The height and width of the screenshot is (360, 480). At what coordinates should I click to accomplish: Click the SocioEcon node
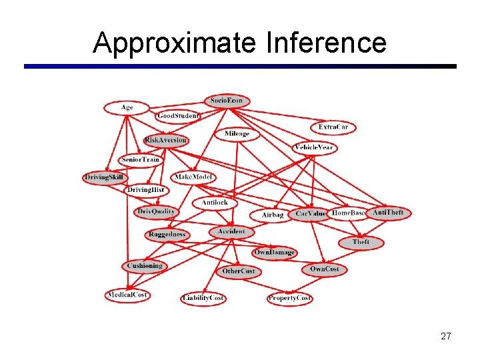(x=227, y=101)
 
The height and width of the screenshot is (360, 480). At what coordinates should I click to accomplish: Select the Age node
(x=127, y=107)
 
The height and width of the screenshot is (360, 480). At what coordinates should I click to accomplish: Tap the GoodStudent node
(x=178, y=116)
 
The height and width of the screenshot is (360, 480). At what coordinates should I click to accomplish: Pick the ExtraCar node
(x=333, y=127)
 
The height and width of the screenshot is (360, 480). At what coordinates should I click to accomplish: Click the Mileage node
(x=237, y=134)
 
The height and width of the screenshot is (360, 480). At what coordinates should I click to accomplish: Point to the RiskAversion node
(x=166, y=141)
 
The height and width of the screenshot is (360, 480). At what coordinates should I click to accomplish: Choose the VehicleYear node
(x=314, y=147)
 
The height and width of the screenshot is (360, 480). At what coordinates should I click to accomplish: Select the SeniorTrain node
(x=140, y=160)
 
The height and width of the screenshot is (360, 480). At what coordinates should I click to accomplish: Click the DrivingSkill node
(x=105, y=177)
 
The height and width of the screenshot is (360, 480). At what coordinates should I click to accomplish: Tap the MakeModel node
(x=193, y=177)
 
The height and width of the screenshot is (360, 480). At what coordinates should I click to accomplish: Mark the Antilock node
(x=214, y=202)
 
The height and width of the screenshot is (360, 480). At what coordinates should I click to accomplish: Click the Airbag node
(x=273, y=215)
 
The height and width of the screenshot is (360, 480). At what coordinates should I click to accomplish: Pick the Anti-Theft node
(x=387, y=213)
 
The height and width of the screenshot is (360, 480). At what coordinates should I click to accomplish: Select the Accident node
(x=231, y=232)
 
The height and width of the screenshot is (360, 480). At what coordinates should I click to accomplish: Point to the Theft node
(x=361, y=243)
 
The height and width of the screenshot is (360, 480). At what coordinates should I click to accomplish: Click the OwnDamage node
(x=274, y=253)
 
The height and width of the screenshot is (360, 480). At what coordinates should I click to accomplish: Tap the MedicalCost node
(x=127, y=295)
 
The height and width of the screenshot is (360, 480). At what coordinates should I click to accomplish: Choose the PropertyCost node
(x=289, y=298)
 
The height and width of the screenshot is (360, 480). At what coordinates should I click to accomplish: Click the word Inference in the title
(x=326, y=43)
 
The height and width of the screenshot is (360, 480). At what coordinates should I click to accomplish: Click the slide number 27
(x=446, y=336)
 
